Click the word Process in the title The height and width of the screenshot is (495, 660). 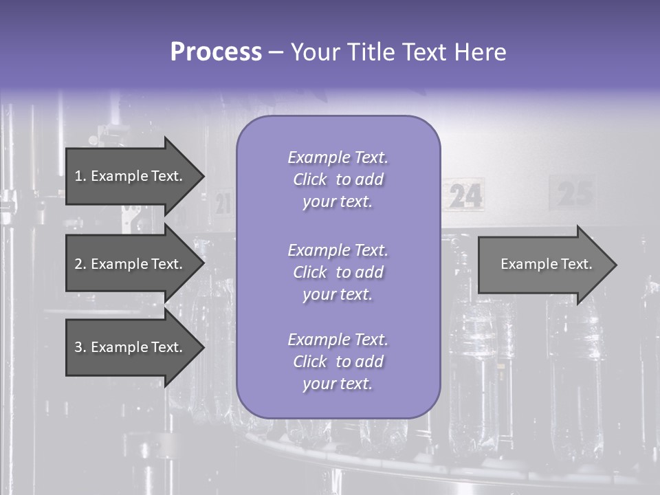pos(216,52)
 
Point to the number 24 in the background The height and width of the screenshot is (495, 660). pos(467,197)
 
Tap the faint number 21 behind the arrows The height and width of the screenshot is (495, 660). pos(223,203)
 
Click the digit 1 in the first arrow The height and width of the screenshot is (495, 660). pos(78,176)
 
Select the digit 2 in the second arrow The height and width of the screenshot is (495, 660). pos(78,264)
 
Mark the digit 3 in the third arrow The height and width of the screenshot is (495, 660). pos(78,347)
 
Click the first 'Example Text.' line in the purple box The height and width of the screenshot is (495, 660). pos(338,157)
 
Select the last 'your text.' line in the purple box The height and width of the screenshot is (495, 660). pos(338,384)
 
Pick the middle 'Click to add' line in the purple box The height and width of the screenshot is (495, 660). pos(338,272)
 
